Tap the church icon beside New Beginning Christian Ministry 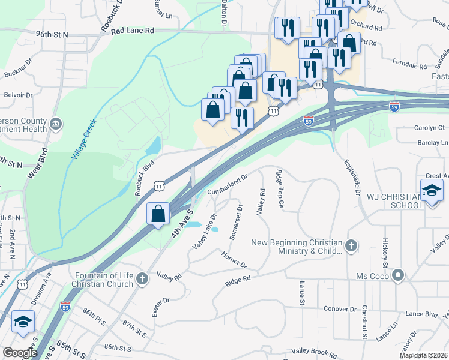pos(352,245)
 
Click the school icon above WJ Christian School pos(431,191)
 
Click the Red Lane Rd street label pos(133,30)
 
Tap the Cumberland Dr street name pos(228,184)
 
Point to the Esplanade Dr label pos(353,178)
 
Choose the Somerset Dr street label pos(236,222)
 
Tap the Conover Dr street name pos(340,309)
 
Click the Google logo pos(20,353)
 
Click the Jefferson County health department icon pos(56,124)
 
